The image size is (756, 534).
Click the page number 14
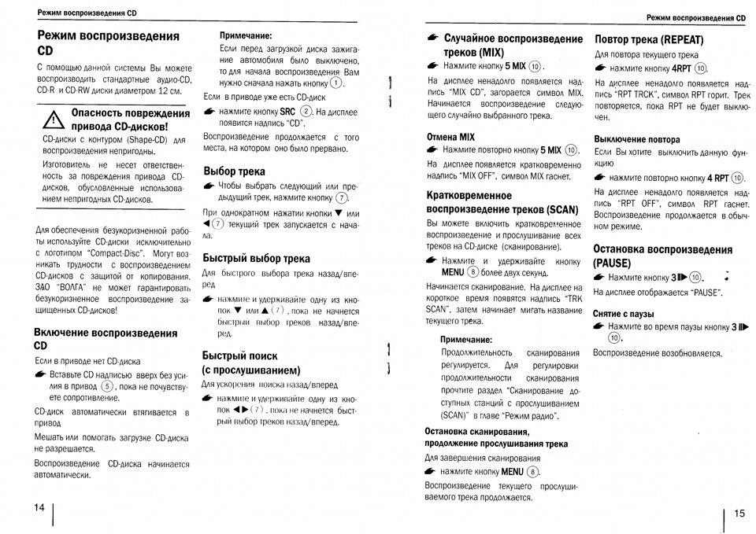[40, 507]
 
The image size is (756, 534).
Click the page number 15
[739, 514]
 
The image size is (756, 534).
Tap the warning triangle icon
[53, 120]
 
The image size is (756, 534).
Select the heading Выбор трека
[234, 171]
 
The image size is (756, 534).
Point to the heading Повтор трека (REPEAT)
[649, 39]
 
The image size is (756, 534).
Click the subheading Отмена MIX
[450, 136]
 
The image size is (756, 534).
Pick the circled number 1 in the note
[336, 83]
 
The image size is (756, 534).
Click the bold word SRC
[287, 112]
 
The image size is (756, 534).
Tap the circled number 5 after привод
[107, 386]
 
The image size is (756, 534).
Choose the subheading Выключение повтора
[636, 139]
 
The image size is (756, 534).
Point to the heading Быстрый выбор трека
[256, 258]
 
